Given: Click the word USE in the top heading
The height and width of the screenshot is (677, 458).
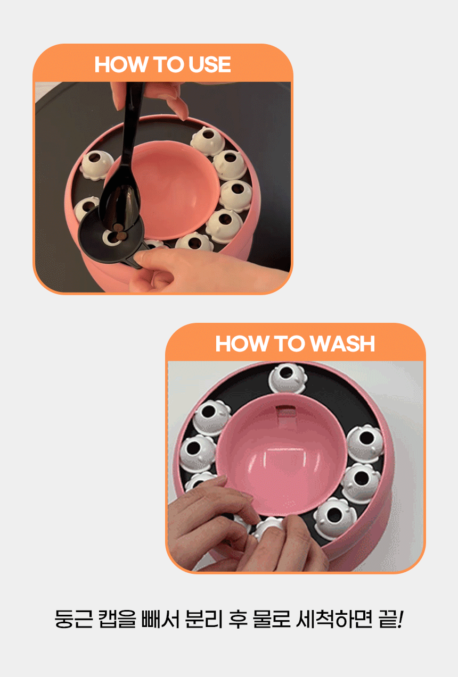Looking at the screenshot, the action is click(210, 64).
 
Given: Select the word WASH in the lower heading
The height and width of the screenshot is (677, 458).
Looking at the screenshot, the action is click(342, 344).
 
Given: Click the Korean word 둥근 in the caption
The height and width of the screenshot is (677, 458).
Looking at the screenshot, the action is click(73, 619).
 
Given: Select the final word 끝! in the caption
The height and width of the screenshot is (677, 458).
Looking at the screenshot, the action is click(391, 619).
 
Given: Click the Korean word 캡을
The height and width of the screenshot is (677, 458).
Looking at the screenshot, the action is click(117, 619).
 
